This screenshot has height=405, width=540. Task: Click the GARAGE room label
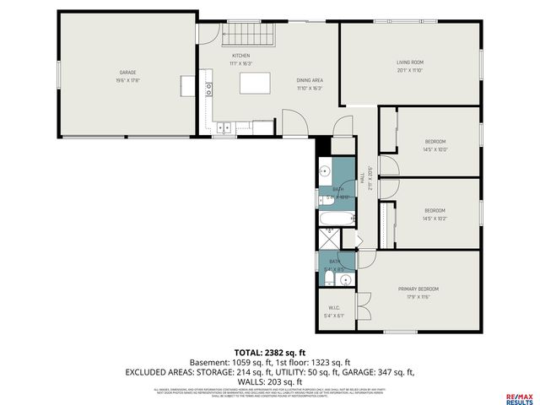pyautogui.click(x=127, y=73)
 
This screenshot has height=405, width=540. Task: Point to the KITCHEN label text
pyautogui.click(x=241, y=56)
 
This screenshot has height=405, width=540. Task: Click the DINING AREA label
pyautogui.click(x=309, y=79)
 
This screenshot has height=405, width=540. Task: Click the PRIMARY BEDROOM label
pyautogui.click(x=418, y=289)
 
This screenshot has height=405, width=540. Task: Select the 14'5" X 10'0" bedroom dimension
pyautogui.click(x=435, y=149)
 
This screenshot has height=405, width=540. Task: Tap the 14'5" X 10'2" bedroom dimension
pyautogui.click(x=435, y=219)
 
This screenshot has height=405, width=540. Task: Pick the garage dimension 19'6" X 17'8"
pyautogui.click(x=127, y=81)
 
